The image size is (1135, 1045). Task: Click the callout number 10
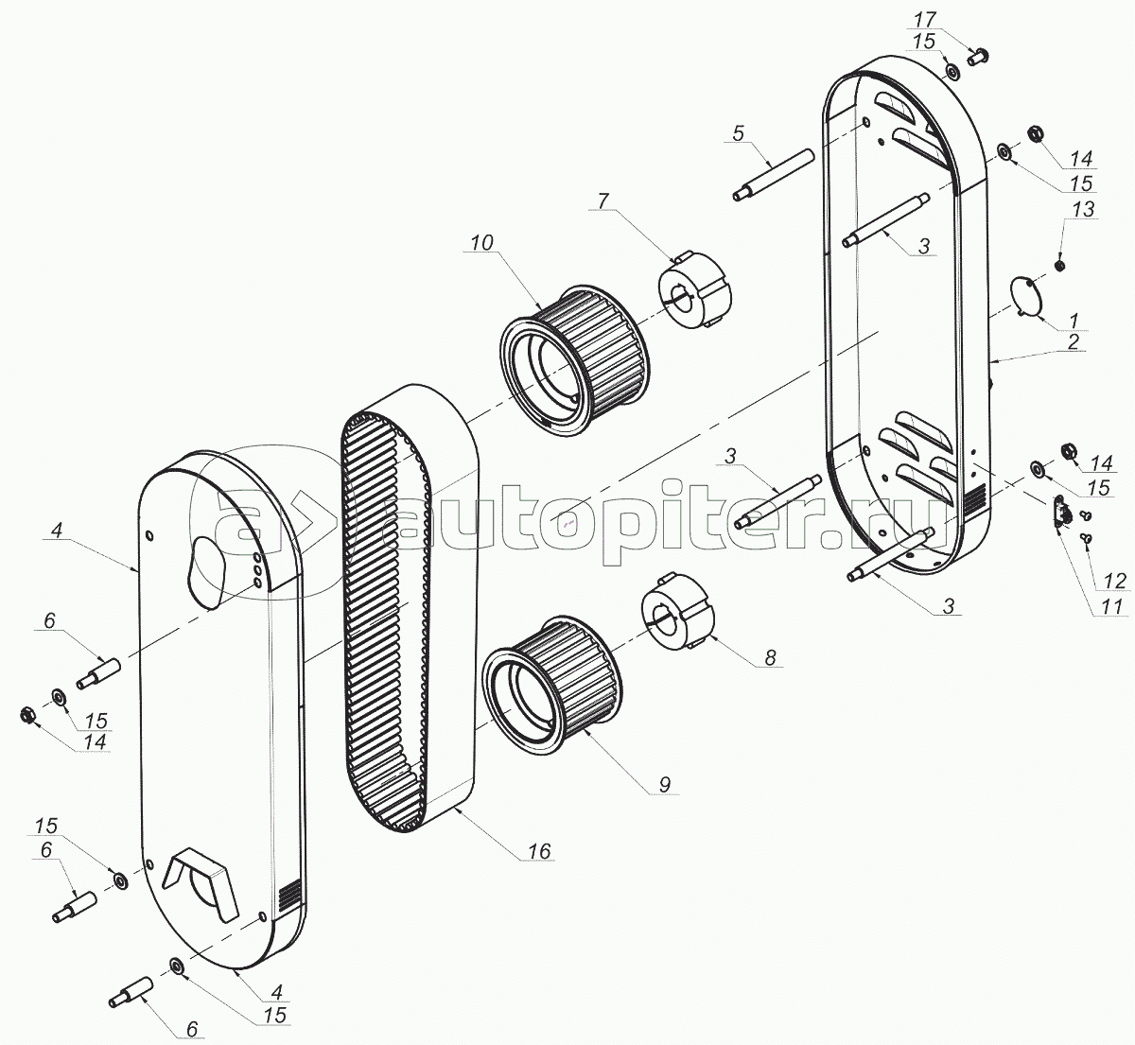(480, 243)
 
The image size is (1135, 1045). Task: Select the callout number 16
(538, 851)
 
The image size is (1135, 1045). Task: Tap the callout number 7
(603, 200)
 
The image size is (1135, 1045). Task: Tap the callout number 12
(1113, 579)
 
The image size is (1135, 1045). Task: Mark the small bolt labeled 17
(979, 58)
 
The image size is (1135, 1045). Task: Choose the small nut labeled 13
(1061, 266)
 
